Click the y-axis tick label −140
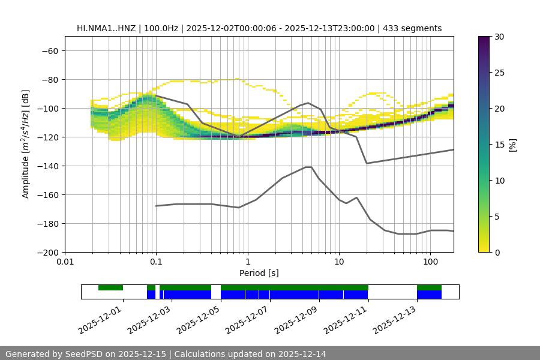49,166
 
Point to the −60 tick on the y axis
49,51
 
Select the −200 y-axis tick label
49,253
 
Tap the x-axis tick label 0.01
65,262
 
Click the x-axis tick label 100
430,262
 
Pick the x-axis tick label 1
247,262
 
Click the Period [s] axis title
259,274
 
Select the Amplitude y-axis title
26,144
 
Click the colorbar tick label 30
499,37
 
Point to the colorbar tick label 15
499,145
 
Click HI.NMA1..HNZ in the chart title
110,29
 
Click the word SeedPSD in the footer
84,354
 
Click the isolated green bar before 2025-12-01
110,287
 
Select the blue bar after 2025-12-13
429,295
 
